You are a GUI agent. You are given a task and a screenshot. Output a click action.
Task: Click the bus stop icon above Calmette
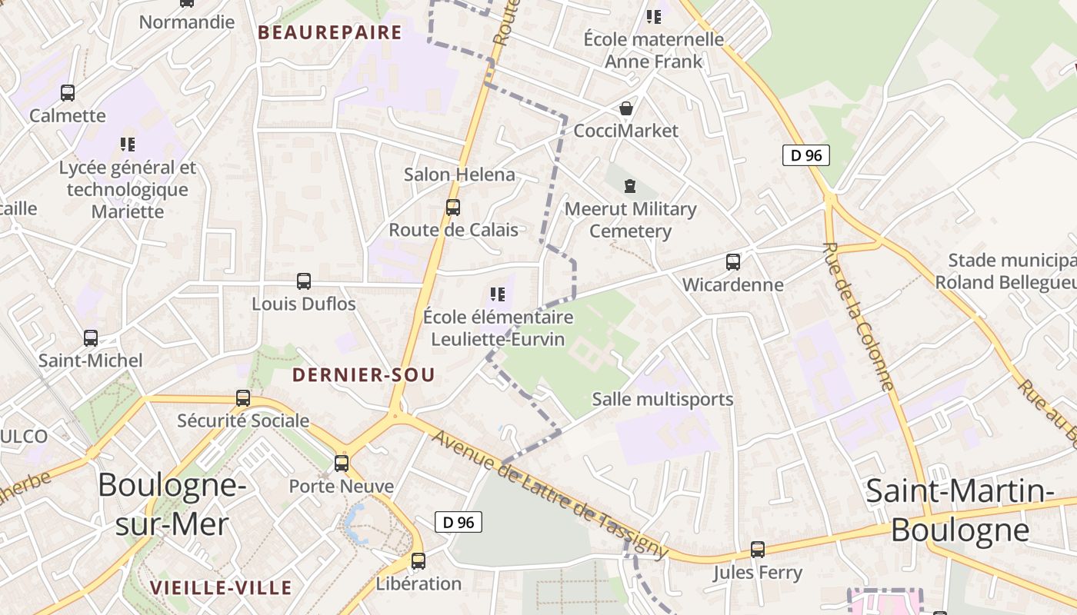[x=68, y=93]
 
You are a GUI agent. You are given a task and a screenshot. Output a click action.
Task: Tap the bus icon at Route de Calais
[x=453, y=208]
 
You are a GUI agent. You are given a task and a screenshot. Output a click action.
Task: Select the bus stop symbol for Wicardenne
[x=733, y=262]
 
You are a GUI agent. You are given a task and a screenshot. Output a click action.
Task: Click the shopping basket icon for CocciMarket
[x=627, y=108]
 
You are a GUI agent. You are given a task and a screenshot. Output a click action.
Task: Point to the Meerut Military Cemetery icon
[x=631, y=186]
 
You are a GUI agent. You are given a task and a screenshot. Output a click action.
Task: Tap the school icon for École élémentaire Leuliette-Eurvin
[x=498, y=294]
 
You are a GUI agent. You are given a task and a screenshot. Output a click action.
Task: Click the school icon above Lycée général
[x=128, y=144]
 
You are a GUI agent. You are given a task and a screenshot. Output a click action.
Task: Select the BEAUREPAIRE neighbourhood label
[x=330, y=32]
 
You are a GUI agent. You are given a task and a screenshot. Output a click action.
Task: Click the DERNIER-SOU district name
[x=364, y=375]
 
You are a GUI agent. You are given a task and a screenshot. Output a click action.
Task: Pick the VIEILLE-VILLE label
[x=221, y=588]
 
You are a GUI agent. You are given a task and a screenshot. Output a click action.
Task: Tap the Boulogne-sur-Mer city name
[x=172, y=504]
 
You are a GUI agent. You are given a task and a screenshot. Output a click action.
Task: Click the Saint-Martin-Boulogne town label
[x=959, y=510]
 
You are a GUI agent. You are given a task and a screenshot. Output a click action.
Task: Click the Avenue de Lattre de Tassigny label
[x=549, y=492]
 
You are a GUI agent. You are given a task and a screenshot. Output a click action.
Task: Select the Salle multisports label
[x=662, y=399]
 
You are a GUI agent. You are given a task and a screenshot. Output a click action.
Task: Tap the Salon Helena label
[x=459, y=175]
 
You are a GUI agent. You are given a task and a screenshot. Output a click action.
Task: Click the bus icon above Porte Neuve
[x=342, y=464]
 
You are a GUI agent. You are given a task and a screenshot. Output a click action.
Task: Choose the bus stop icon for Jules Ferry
[x=758, y=550]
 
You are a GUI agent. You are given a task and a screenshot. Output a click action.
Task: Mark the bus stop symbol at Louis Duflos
[x=304, y=281]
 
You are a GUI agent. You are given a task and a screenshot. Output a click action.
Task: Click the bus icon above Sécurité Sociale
[x=243, y=398]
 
